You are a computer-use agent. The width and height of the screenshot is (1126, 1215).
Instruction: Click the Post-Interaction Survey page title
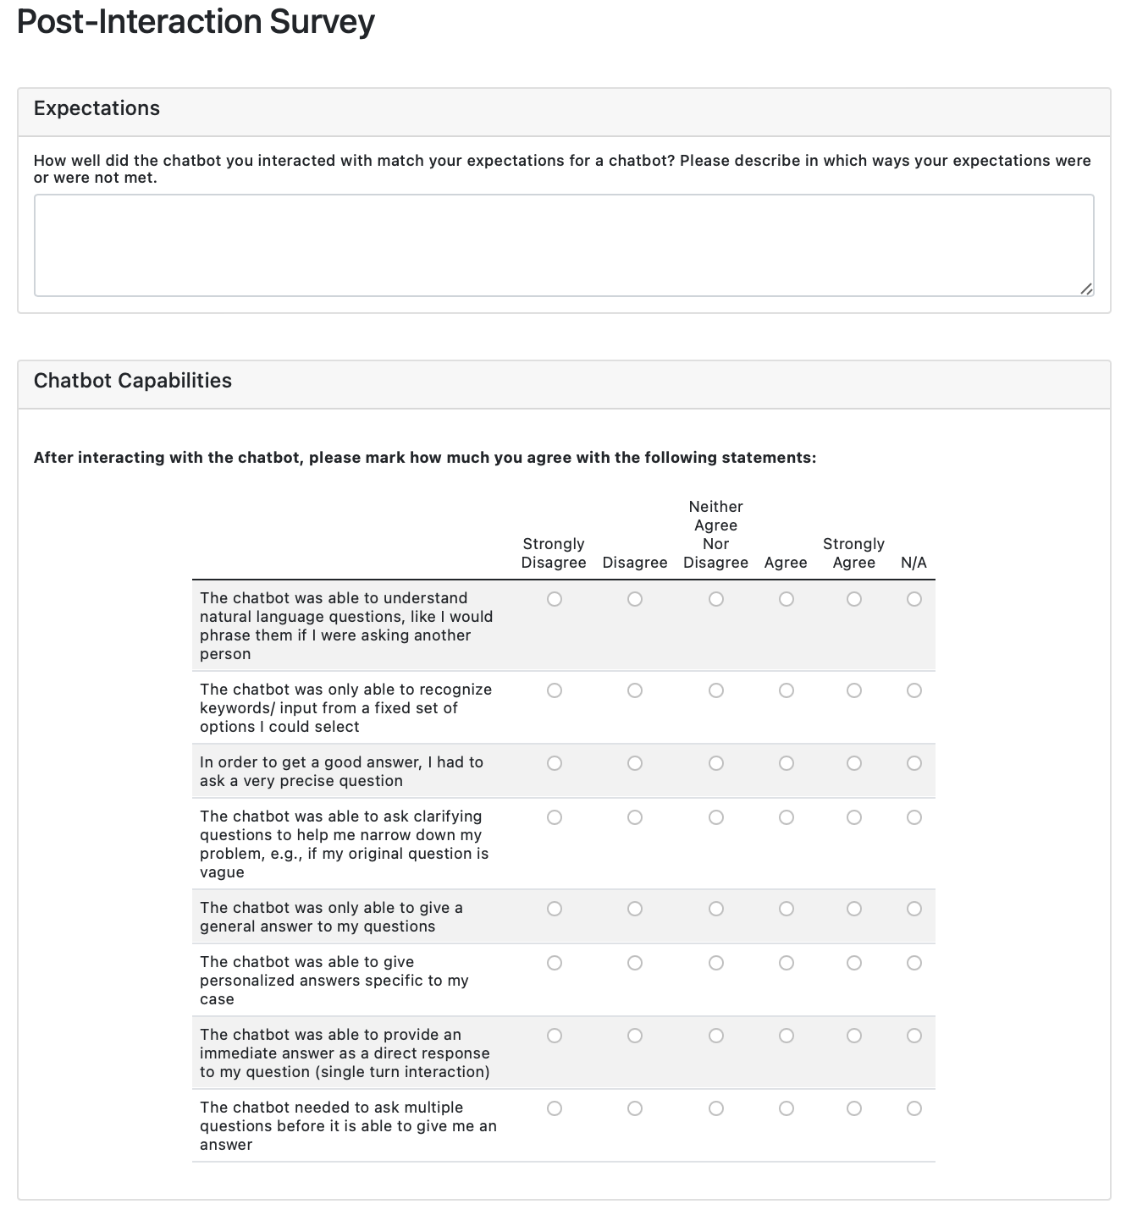click(x=196, y=23)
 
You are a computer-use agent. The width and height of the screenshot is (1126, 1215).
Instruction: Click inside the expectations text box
click(x=564, y=245)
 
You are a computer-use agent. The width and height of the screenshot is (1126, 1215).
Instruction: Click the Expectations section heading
click(x=97, y=108)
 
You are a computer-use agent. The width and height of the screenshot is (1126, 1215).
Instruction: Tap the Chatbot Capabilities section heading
click(x=133, y=381)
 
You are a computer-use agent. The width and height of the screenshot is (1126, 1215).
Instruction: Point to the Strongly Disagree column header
click(x=554, y=553)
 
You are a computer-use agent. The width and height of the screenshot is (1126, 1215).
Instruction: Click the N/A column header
click(x=913, y=563)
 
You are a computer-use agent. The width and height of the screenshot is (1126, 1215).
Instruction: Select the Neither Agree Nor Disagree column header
click(x=715, y=535)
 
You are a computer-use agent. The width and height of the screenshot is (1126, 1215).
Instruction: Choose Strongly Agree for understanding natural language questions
click(x=854, y=599)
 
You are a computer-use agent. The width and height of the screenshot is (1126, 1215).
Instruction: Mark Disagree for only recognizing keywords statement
click(x=635, y=690)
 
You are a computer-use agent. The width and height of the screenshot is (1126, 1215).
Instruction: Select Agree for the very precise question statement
click(x=787, y=763)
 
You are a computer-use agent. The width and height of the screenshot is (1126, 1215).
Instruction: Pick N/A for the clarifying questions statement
click(x=914, y=817)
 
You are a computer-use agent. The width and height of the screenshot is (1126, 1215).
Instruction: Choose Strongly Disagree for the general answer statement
click(x=555, y=909)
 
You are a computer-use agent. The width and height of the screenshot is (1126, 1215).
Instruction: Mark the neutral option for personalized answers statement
click(x=716, y=963)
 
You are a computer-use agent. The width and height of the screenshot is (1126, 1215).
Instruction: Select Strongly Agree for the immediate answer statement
click(x=854, y=1036)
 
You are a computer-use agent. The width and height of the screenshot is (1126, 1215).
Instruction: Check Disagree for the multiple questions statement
click(x=635, y=1108)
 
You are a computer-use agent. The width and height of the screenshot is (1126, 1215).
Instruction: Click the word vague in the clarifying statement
click(x=222, y=872)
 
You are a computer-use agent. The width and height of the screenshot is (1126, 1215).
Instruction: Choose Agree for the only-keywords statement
click(x=787, y=690)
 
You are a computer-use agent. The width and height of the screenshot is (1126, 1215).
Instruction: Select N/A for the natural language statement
click(x=914, y=599)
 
